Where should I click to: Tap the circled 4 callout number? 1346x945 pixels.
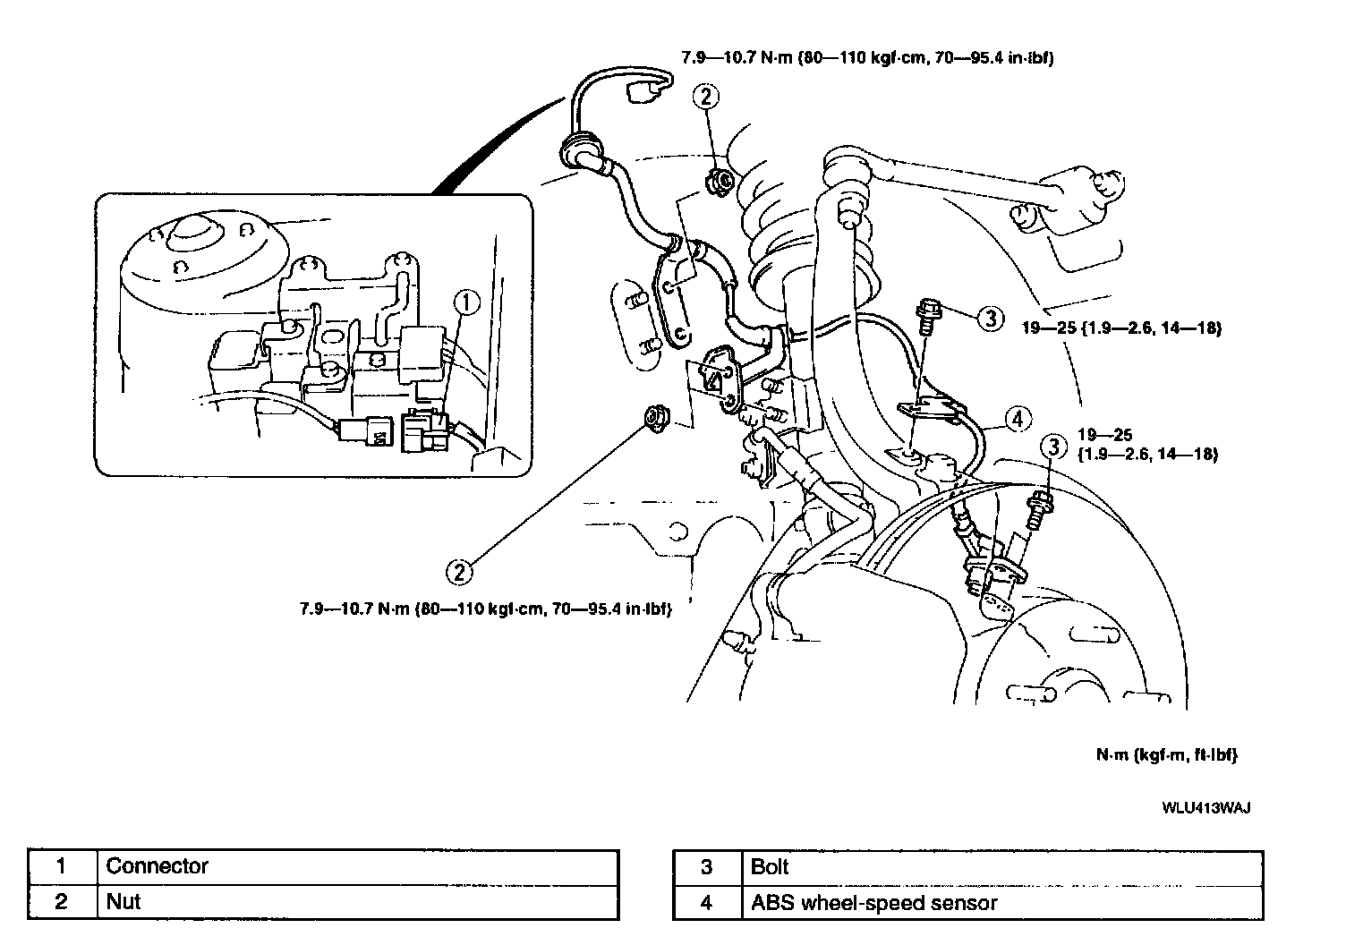pyautogui.click(x=1018, y=418)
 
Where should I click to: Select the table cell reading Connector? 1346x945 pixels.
pyautogui.click(x=357, y=866)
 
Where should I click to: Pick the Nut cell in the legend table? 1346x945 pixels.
pyautogui.click(x=357, y=901)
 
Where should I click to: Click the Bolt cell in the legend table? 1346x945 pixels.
pyautogui.click(x=1003, y=866)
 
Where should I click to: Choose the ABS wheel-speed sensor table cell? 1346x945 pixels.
pyautogui.click(x=1003, y=902)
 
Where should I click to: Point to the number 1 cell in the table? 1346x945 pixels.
pyautogui.click(x=62, y=866)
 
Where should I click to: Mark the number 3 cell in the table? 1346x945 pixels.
pyautogui.click(x=706, y=866)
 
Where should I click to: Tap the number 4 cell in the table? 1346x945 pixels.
pyautogui.click(x=706, y=902)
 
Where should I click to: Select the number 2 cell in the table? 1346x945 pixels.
pyautogui.click(x=62, y=901)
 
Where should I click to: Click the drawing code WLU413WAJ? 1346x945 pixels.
pyautogui.click(x=1205, y=807)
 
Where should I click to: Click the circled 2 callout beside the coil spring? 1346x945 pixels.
pyautogui.click(x=706, y=98)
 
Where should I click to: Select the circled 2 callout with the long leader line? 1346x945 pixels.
pyautogui.click(x=459, y=570)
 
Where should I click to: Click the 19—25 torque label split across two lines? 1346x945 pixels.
pyautogui.click(x=1147, y=445)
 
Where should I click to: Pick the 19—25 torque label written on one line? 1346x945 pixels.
pyautogui.click(x=1121, y=328)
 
